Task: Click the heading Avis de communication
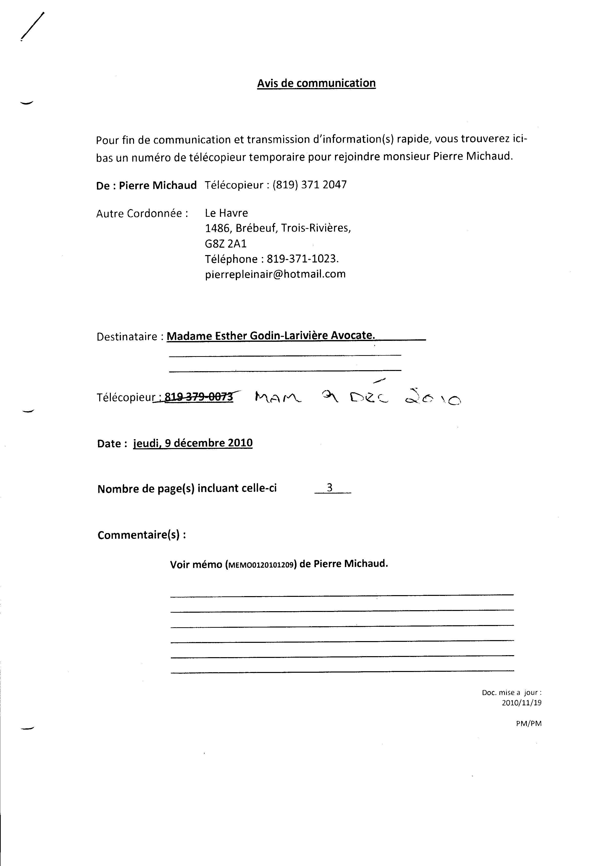coord(316,83)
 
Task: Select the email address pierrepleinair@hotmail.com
coord(275,274)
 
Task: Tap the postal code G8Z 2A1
coord(226,244)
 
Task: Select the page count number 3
coord(329,488)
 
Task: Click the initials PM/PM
coord(529,723)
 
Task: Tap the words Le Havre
coord(226,213)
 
